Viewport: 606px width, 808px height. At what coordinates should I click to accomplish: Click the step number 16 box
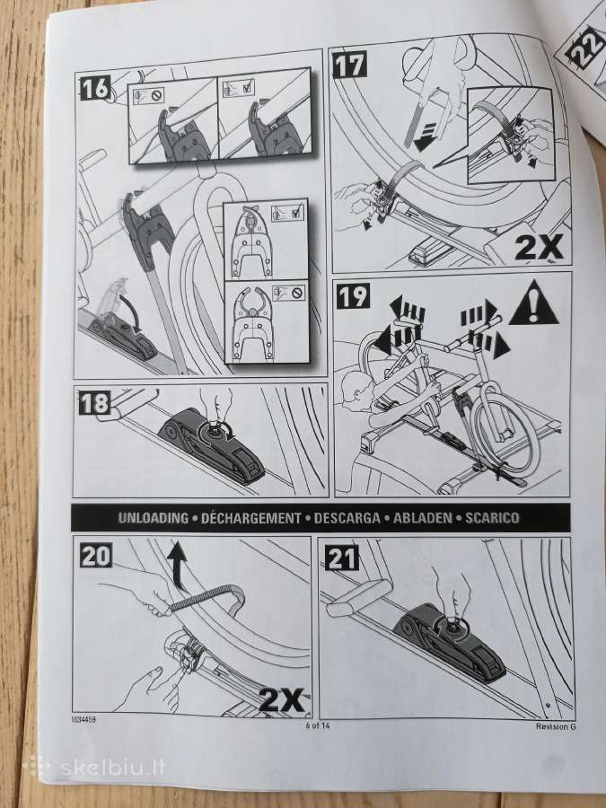point(95,88)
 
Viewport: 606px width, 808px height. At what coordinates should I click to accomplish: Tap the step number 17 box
point(350,65)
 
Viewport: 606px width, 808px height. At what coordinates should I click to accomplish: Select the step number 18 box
point(95,402)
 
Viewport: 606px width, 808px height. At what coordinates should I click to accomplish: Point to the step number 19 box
point(353,295)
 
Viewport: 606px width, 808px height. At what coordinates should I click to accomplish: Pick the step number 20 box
point(96,555)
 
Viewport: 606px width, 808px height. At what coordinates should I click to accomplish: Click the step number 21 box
point(342,558)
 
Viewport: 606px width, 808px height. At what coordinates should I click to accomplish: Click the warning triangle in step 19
point(534,303)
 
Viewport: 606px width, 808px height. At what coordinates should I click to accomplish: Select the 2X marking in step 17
point(539,248)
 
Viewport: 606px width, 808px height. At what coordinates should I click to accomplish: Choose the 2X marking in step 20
point(281,699)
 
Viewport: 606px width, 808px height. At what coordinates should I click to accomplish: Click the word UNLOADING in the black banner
point(153,518)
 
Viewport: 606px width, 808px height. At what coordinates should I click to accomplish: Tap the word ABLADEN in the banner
point(423,518)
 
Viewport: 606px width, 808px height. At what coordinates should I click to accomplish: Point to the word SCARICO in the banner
point(492,518)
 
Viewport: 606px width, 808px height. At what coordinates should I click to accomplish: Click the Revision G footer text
point(556,726)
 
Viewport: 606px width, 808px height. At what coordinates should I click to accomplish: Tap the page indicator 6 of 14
point(318,725)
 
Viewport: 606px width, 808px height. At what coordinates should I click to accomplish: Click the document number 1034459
point(83,719)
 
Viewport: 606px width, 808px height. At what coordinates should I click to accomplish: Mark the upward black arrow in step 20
point(178,566)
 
